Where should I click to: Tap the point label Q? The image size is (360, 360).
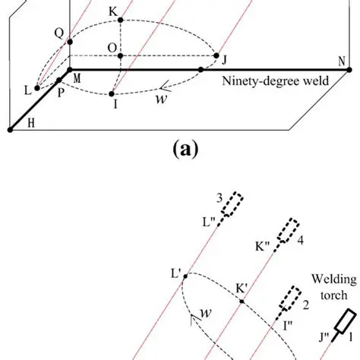click(x=58, y=32)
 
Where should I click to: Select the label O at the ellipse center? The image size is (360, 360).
click(x=112, y=48)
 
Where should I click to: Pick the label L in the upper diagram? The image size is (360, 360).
click(x=27, y=90)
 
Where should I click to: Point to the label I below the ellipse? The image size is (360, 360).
click(x=115, y=104)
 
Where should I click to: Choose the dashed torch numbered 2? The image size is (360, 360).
click(x=289, y=297)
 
